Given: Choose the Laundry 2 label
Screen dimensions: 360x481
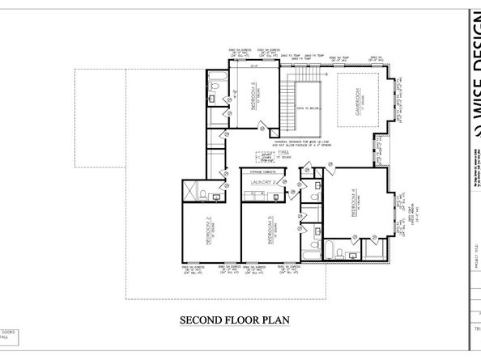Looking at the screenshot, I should pyautogui.click(x=263, y=183).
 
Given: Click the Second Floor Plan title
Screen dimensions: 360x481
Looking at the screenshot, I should pyautogui.click(x=234, y=320).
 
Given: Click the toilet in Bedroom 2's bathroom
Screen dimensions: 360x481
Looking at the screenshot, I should pyautogui.click(x=220, y=194).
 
